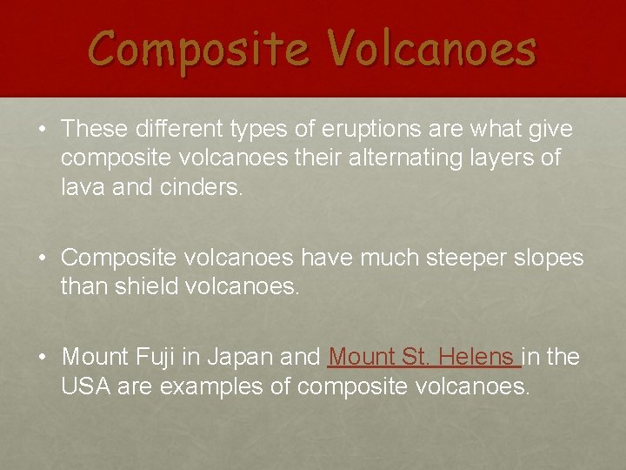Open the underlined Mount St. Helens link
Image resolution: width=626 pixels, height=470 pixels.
(x=423, y=358)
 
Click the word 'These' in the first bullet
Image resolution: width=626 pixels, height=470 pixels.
(x=95, y=130)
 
